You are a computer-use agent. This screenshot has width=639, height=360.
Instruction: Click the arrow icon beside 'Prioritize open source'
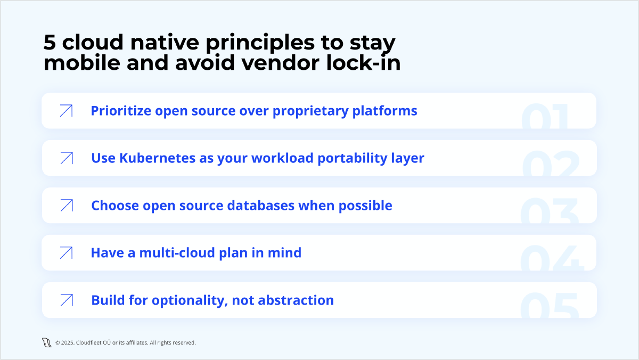(x=66, y=111)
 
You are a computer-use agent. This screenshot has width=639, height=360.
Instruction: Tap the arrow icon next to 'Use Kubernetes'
(x=66, y=158)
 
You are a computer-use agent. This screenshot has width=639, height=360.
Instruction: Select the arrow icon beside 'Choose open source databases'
(x=66, y=206)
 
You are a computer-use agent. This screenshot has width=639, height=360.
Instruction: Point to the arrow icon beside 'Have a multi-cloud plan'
(x=66, y=253)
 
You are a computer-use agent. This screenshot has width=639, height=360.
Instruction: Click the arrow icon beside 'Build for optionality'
(x=66, y=300)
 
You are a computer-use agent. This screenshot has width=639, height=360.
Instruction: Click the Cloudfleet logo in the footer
(x=47, y=342)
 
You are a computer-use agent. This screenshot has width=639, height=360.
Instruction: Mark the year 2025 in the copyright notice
(x=67, y=343)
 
